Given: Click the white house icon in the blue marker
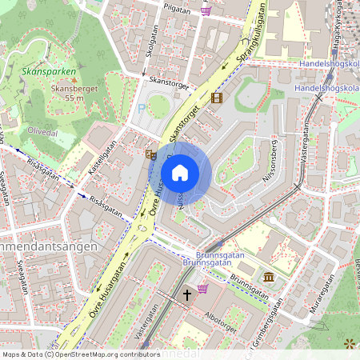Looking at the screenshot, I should pos(180,173).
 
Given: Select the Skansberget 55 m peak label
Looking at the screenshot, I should pos(73,93).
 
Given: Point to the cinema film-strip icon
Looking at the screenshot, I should pos(215,98).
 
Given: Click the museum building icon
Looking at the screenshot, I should pos(268,277).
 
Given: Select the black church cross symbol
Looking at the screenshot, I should pos(187,294).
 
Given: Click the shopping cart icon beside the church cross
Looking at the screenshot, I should pos(203,288).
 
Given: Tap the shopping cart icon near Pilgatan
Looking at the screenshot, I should pos(206,10).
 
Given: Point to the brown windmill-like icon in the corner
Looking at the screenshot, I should pos(349,343).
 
